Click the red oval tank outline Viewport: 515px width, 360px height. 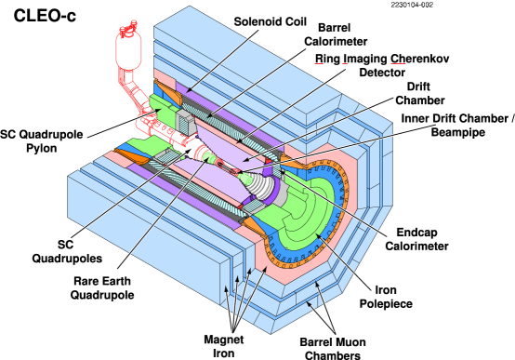tap(128, 50)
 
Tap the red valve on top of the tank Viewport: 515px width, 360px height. tap(128, 28)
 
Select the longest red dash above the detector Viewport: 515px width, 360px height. tap(398, 63)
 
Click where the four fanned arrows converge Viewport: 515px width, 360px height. tap(232, 332)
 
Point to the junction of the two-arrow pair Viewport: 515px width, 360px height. tap(334, 332)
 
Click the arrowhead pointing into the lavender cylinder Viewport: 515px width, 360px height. tap(244, 160)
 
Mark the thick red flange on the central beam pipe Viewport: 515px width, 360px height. tap(199, 151)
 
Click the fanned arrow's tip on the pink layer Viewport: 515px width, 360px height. tap(266, 269)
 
